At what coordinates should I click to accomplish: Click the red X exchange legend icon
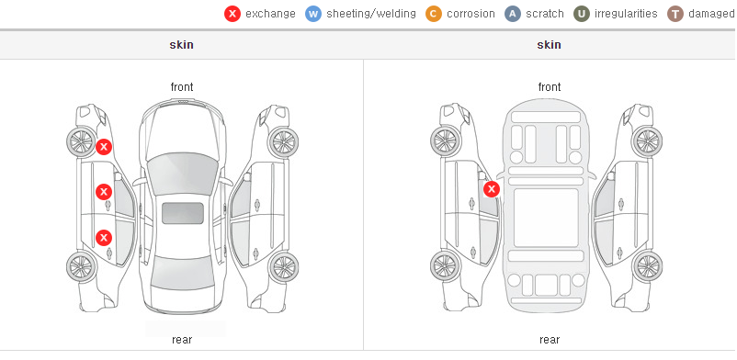[x=232, y=14]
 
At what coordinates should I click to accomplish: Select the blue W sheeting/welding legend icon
[x=313, y=14]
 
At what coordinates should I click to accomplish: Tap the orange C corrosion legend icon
[x=434, y=14]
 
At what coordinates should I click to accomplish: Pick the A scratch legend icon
[x=513, y=14]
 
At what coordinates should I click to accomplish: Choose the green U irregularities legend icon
[x=582, y=14]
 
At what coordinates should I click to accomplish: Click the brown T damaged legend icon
[x=675, y=14]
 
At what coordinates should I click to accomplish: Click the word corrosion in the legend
[x=471, y=14]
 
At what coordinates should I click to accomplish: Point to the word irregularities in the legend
[x=626, y=14]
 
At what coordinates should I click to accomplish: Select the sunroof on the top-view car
[x=183, y=213]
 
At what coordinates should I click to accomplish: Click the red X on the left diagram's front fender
[x=104, y=147]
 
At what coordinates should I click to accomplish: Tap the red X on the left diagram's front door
[x=104, y=192]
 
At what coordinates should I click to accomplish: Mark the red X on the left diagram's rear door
[x=104, y=238]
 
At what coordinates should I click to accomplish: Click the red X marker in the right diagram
[x=492, y=189]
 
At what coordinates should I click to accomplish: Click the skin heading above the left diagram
[x=181, y=45]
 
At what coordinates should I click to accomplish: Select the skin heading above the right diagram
[x=549, y=45]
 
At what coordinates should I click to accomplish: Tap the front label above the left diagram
[x=182, y=87]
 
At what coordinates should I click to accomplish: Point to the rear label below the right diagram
[x=550, y=340]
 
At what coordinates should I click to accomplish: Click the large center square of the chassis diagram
[x=546, y=218]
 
